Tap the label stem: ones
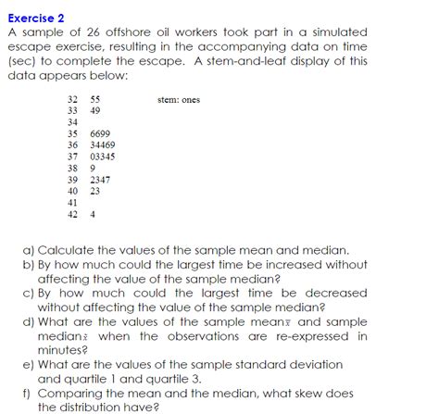pyautogui.click(x=180, y=99)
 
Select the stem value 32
pyautogui.click(x=73, y=99)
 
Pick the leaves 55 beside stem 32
pyautogui.click(x=95, y=99)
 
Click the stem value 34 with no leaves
pyautogui.click(x=73, y=122)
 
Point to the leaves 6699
pyautogui.click(x=100, y=134)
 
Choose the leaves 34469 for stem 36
pyautogui.click(x=103, y=145)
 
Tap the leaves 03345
pyautogui.click(x=103, y=157)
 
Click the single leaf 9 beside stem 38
pyautogui.click(x=93, y=169)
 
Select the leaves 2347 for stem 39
pyautogui.click(x=100, y=180)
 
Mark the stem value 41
pyautogui.click(x=73, y=202)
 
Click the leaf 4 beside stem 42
pyautogui.click(x=93, y=214)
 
